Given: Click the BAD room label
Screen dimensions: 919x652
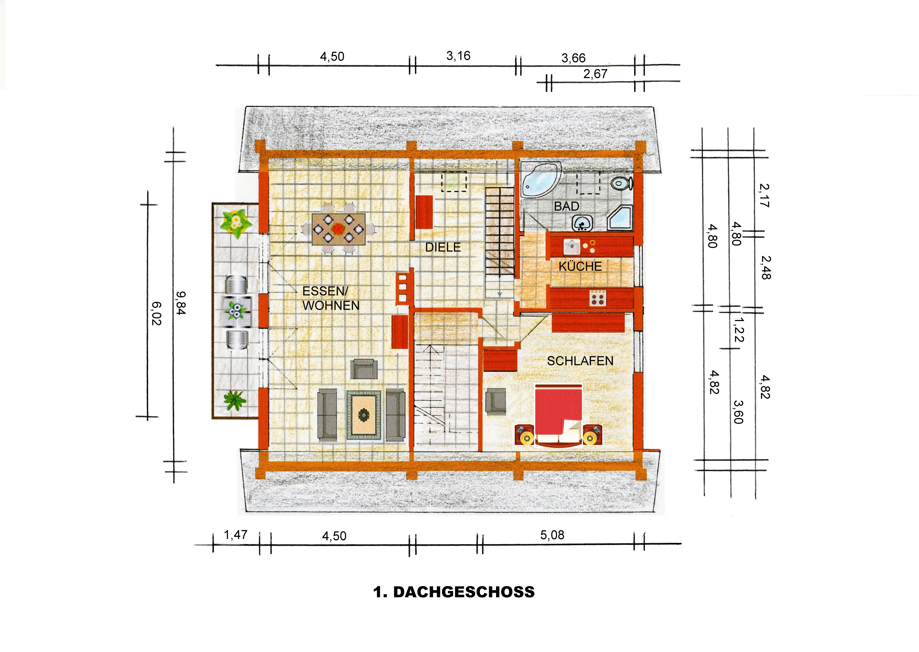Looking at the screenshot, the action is tap(567, 206).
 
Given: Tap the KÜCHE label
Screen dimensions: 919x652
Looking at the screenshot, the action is tap(580, 266).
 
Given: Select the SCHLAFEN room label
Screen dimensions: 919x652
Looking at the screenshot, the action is tap(580, 361).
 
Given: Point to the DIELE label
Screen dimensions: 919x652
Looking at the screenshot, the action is tap(443, 247).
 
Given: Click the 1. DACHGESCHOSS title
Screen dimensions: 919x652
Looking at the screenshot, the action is tap(454, 592).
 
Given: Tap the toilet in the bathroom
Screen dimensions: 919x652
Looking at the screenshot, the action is tap(621, 183).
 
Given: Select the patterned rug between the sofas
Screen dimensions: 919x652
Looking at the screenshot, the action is tap(364, 415).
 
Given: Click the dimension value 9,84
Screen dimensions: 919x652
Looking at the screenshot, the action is tap(181, 303).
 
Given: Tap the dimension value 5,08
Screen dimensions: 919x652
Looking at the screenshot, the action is tap(552, 535).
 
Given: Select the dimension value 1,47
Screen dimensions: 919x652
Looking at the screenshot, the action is tap(236, 535).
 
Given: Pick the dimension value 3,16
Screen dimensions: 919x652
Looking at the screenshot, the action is tap(458, 56).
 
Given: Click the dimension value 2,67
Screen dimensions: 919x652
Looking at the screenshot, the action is tap(595, 74).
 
